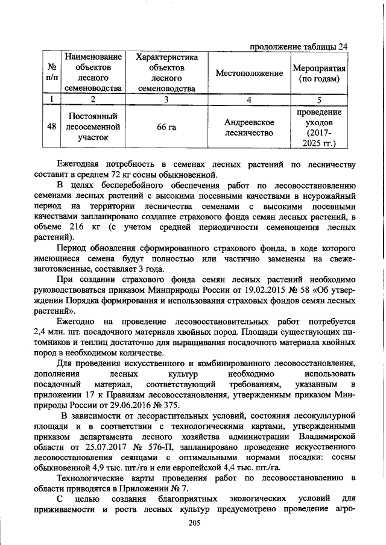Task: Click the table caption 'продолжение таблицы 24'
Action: coord(298,46)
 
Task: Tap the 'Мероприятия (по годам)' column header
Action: coord(318,73)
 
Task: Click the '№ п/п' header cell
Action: coord(51,73)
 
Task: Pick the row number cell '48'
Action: coord(51,126)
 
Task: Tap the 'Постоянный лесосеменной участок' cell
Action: coord(92,126)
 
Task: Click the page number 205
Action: coord(193,524)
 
